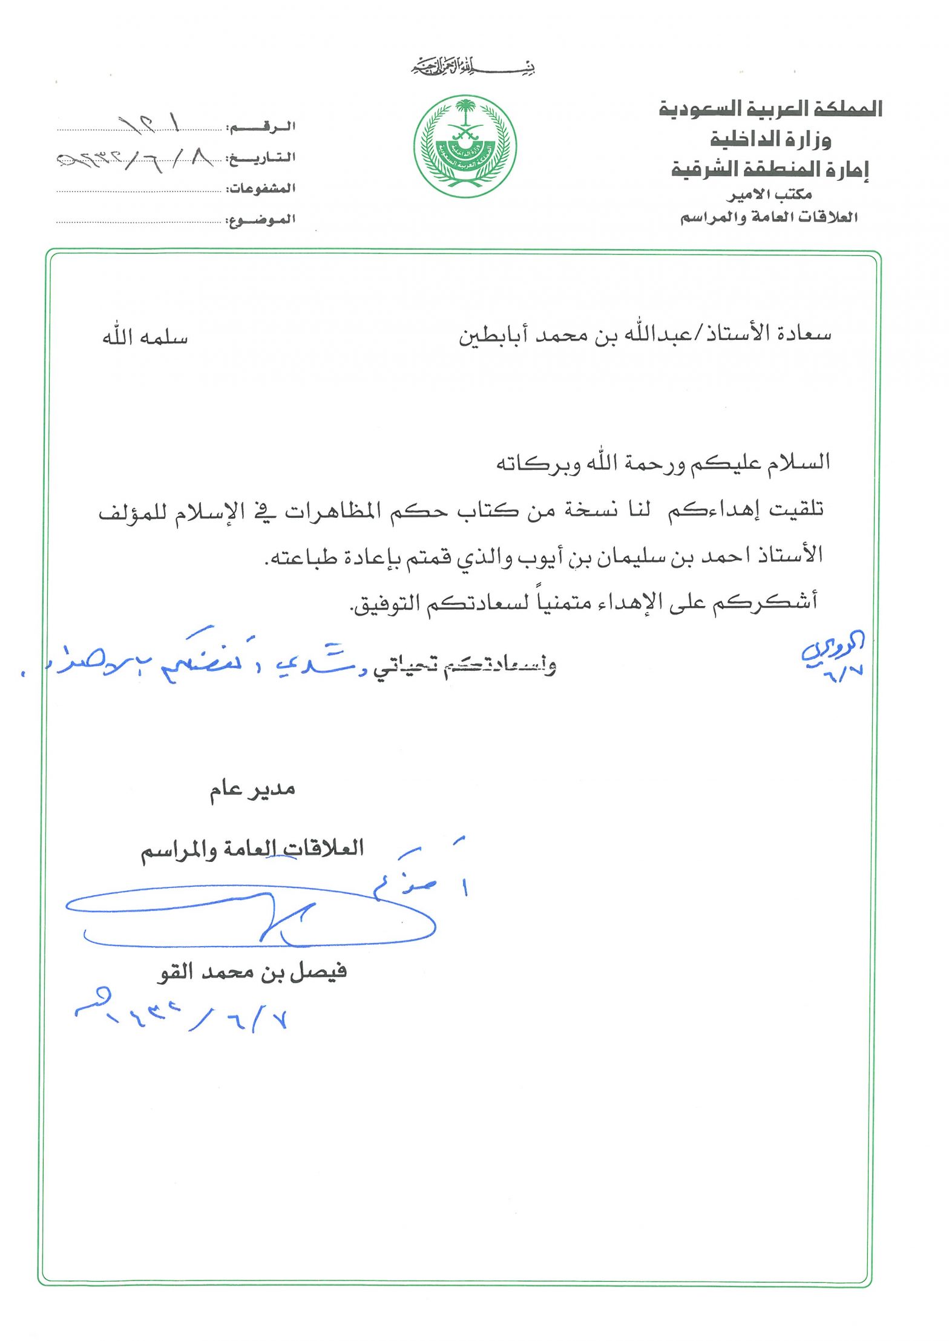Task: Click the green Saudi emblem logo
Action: (465, 146)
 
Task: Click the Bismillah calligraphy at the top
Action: (474, 66)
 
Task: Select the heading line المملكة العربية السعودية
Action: (770, 109)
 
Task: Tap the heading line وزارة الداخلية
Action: (770, 140)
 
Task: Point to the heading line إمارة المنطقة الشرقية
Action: (770, 169)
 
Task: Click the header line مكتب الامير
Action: (769, 195)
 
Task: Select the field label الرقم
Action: (261, 127)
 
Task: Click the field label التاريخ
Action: (261, 158)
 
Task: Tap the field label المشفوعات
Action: (261, 189)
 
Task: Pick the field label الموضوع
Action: (261, 220)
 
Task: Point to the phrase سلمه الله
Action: (145, 338)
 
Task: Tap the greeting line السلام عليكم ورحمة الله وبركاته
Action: (663, 464)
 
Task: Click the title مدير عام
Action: (252, 789)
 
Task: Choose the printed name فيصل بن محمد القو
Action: (252, 973)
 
